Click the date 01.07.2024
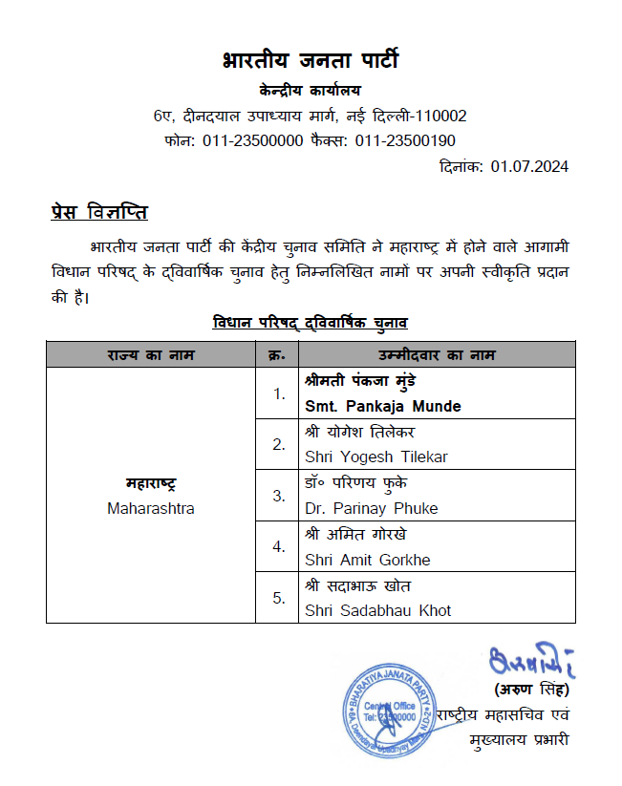pos(530,166)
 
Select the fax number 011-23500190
pos(405,140)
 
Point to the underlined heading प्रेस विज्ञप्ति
pos(98,211)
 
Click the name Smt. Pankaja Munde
pos(382,406)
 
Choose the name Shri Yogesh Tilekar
pos(375,457)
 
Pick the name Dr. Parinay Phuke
pos(372,508)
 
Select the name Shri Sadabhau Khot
pos(377,610)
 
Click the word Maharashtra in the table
pos(151,508)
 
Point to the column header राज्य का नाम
pos(151,355)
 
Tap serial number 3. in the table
pos(279,496)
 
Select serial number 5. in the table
pos(279,598)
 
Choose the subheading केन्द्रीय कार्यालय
pos(310,92)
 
